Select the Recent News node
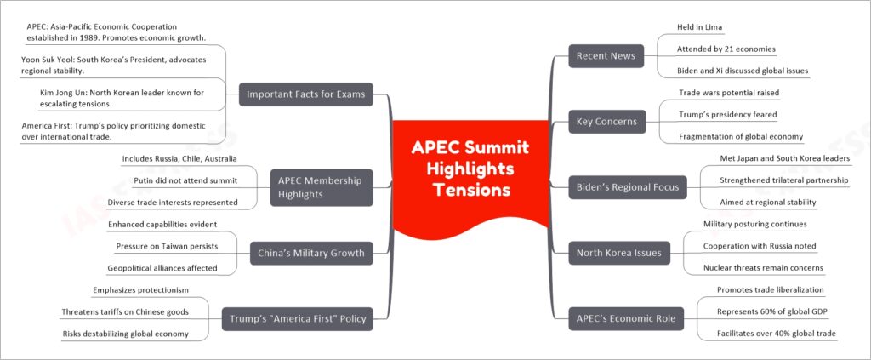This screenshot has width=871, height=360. (606, 55)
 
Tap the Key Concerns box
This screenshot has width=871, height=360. (607, 122)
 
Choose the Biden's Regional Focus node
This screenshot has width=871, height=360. (628, 187)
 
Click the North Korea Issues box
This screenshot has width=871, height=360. (619, 253)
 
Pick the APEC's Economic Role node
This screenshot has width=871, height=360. (626, 318)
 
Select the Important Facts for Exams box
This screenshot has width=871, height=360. (305, 94)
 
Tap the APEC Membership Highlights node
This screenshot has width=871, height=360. (322, 187)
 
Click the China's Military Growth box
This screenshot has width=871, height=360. (311, 253)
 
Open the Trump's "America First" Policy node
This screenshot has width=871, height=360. (297, 319)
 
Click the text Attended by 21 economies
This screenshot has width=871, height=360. (726, 49)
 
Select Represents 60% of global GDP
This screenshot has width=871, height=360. (772, 311)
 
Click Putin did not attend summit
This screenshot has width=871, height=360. (185, 180)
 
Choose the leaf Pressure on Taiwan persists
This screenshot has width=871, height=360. (167, 246)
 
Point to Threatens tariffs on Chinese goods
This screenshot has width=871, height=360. (125, 311)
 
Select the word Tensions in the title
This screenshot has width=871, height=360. (471, 190)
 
